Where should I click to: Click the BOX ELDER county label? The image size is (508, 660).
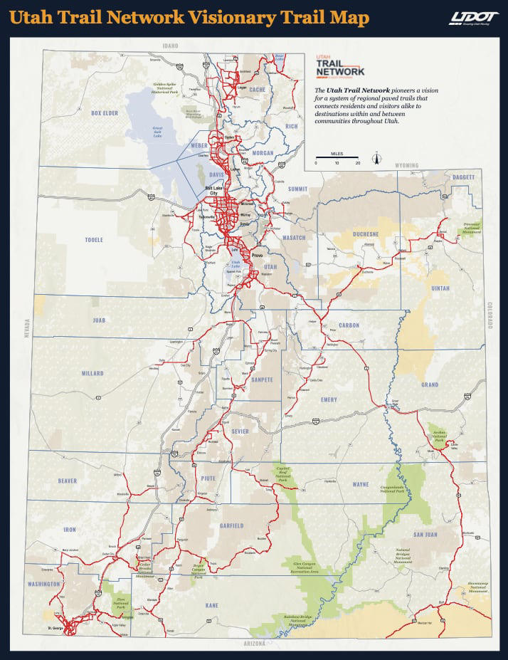coord(104,113)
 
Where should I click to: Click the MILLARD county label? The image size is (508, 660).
coord(92,373)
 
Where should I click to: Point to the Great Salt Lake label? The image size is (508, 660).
coord(158,130)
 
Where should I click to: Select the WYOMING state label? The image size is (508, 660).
coord(406,165)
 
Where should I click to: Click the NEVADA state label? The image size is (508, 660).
coord(28,332)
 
